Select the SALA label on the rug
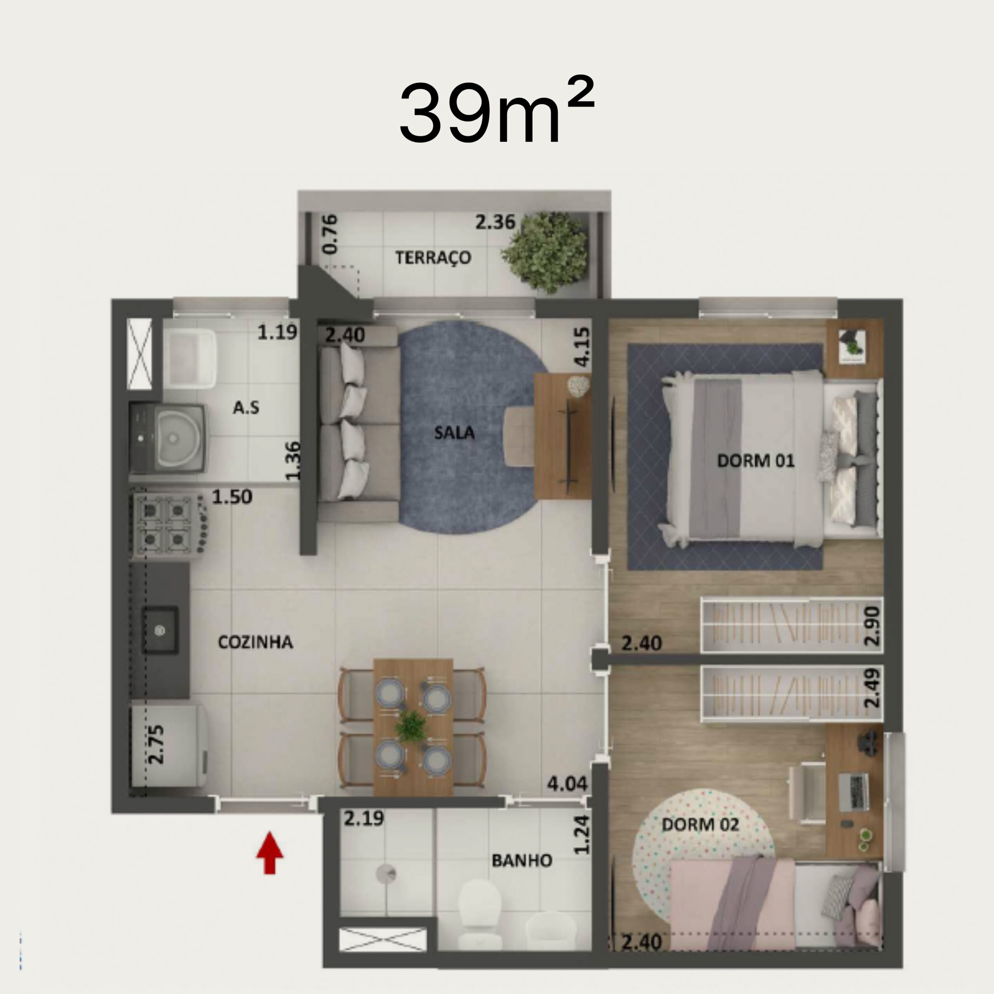(454, 432)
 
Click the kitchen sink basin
(160, 630)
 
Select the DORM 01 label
(755, 461)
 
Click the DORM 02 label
(700, 825)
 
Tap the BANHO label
(522, 860)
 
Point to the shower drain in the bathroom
(386, 873)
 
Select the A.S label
(246, 408)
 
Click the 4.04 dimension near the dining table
(567, 784)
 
